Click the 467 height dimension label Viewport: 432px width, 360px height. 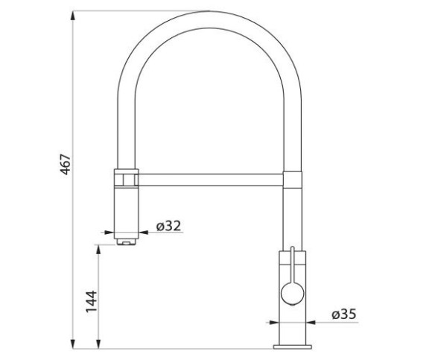66,164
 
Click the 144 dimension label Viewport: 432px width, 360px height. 92,301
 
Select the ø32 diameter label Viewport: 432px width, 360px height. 168,226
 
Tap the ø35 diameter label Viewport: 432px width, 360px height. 344,315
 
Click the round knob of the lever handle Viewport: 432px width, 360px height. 292,294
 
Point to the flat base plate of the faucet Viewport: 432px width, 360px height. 292,347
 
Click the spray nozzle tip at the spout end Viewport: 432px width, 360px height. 126,242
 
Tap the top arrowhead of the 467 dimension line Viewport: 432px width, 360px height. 73,15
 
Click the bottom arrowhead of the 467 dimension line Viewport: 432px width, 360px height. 73,344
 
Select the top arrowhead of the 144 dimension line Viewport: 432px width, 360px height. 98,250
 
